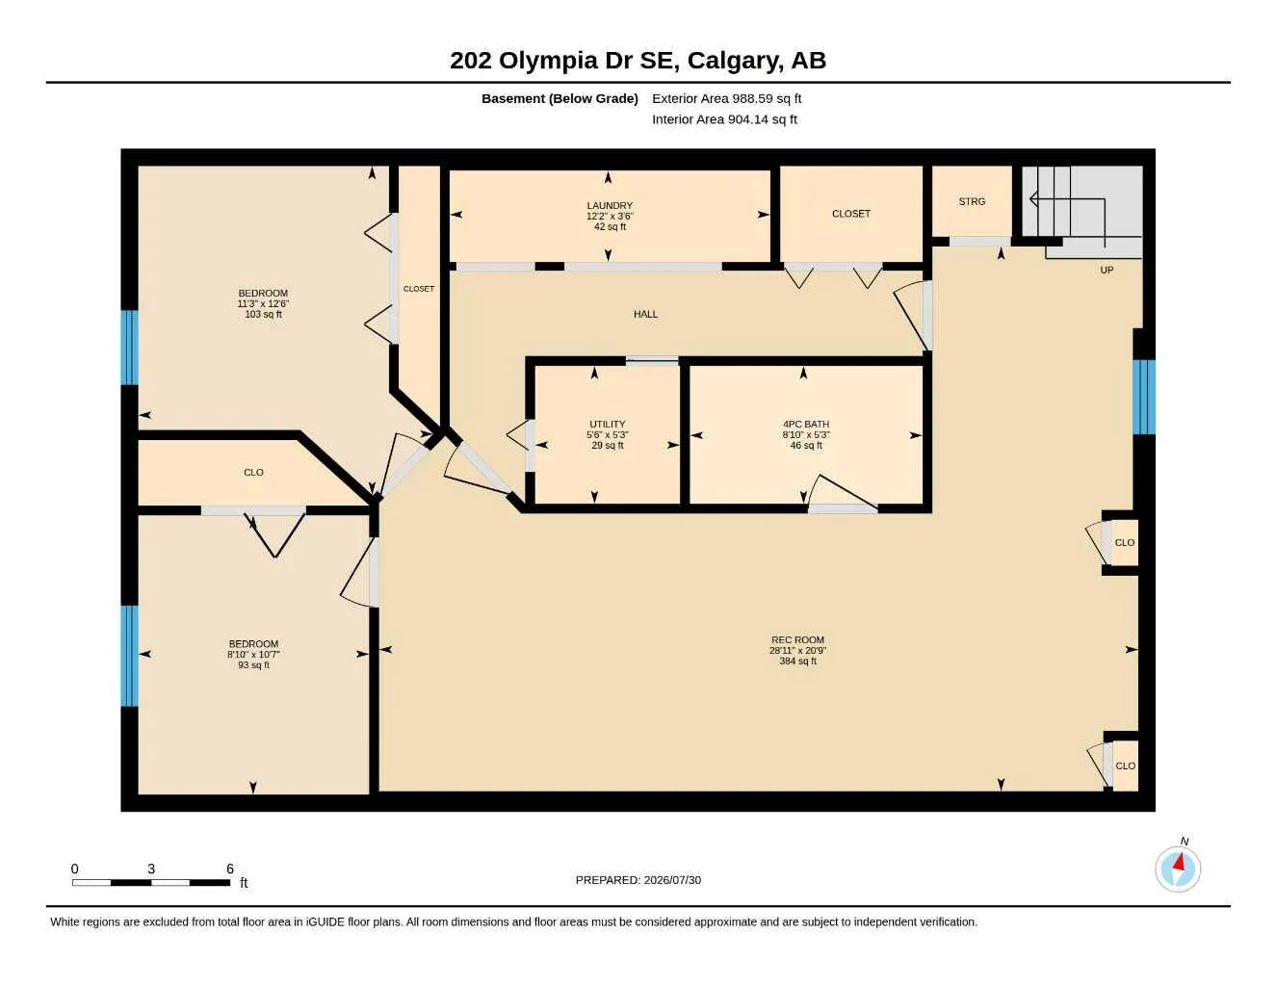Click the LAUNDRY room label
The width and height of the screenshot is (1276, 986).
click(x=610, y=205)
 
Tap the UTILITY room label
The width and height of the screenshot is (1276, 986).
click(x=607, y=424)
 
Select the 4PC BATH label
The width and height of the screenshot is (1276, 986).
click(x=806, y=424)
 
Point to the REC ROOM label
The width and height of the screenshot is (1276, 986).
click(x=797, y=639)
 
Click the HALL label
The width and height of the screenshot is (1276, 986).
click(x=645, y=314)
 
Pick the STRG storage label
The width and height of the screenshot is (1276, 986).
click(x=972, y=201)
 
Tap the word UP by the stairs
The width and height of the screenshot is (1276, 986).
click(x=1107, y=270)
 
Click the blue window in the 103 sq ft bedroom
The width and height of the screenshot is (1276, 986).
click(x=130, y=348)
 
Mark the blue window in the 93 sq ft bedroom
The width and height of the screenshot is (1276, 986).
click(x=130, y=656)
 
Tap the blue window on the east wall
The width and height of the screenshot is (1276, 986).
click(x=1144, y=397)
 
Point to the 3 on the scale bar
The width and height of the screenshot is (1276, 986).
click(x=151, y=869)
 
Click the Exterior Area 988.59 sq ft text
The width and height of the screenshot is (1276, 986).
click(x=726, y=98)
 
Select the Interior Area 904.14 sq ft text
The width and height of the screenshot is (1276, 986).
click(x=724, y=119)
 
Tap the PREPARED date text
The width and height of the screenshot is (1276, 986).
click(x=638, y=880)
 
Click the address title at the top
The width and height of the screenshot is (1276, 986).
click(x=638, y=61)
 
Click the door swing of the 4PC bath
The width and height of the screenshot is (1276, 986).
click(x=844, y=492)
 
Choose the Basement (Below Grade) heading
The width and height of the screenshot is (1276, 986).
click(x=560, y=98)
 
